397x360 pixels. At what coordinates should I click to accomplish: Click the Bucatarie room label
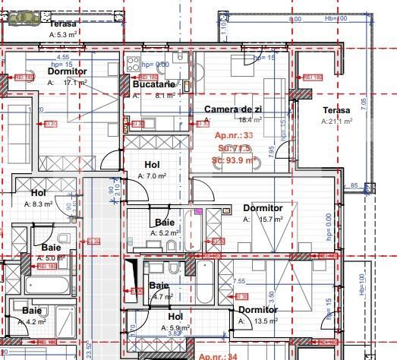point(154,84)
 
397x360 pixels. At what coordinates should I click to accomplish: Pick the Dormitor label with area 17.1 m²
point(67,71)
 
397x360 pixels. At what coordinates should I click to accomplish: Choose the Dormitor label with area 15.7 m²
point(263,208)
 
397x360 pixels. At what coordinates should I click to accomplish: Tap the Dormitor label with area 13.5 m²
point(258,310)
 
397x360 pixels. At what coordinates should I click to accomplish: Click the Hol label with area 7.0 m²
point(152,165)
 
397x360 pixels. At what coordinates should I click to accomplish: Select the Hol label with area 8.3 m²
point(39,193)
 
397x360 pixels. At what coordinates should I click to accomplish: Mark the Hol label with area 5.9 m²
point(175,317)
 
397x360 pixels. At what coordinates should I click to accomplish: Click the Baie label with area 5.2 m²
point(165,223)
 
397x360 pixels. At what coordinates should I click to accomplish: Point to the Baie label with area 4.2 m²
point(31,311)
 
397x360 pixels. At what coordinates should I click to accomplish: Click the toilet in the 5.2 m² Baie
point(172,244)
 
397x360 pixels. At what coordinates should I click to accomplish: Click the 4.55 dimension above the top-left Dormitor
point(63,56)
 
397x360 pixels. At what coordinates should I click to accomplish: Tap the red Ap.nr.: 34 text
point(219,355)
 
